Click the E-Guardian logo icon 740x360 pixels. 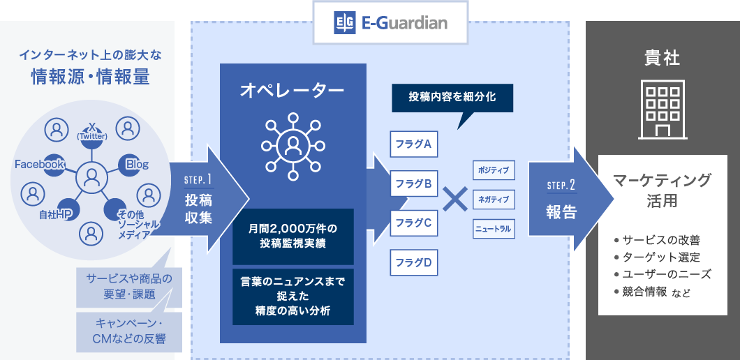coord(344,22)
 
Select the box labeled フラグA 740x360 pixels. coord(413,144)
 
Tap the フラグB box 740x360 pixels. coord(413,183)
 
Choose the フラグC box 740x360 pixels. coord(413,223)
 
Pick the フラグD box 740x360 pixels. coord(413,262)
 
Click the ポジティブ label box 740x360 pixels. coord(494,170)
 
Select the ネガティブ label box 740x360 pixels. coord(494,200)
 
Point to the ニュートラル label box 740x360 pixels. coord(494,229)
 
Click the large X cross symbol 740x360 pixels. coord(455,199)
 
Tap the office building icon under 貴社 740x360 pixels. coord(662,110)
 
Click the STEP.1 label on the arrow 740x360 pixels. coord(198,180)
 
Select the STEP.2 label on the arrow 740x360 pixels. coord(561,185)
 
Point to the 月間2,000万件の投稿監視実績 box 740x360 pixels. coord(293,237)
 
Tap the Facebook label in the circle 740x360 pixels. coord(39,165)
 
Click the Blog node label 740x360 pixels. coord(137,165)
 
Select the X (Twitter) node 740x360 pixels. coord(92,132)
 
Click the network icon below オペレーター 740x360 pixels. coord(293,147)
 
